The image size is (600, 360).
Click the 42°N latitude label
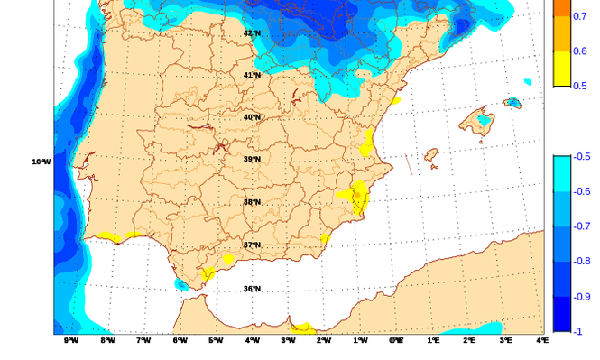point(252,33)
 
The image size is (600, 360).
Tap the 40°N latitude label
point(252,117)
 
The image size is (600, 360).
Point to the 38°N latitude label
point(252,202)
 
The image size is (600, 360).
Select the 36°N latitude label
point(252,289)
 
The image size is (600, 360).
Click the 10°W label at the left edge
point(41,162)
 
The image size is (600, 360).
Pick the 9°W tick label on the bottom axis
point(71,341)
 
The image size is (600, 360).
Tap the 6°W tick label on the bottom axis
point(180,341)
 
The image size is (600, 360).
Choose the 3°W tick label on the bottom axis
point(288,341)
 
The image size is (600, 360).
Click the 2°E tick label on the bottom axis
point(469,341)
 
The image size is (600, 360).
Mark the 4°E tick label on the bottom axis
point(541,341)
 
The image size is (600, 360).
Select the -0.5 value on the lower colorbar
point(582,156)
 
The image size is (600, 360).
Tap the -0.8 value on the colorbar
point(582,262)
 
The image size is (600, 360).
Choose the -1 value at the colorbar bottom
point(578,331)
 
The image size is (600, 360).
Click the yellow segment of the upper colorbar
point(561,69)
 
